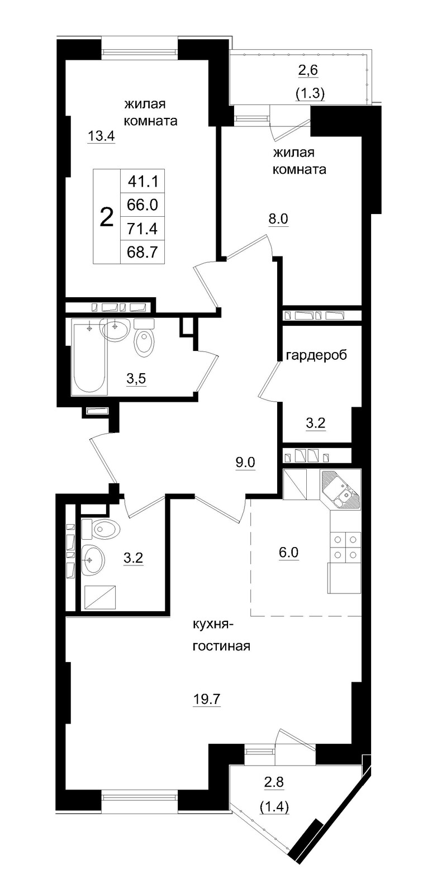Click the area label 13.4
pyautogui.click(x=101, y=135)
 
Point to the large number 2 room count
pyautogui.click(x=106, y=216)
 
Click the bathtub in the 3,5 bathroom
pyautogui.click(x=89, y=358)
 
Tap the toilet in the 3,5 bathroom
pyautogui.click(x=144, y=342)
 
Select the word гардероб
pyautogui.click(x=316, y=355)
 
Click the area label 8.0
pyautogui.click(x=278, y=218)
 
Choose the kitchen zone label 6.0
pyautogui.click(x=289, y=552)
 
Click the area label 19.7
pyautogui.click(x=206, y=699)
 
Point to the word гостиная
pyautogui.click(x=221, y=646)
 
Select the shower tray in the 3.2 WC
pyautogui.click(x=99, y=597)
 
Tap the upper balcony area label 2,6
pyautogui.click(x=310, y=71)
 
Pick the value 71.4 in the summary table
pyautogui.click(x=142, y=229)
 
